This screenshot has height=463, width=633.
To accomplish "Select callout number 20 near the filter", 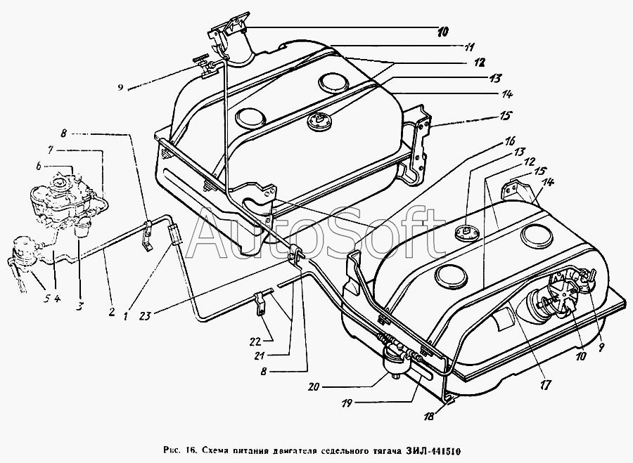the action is click(312, 387).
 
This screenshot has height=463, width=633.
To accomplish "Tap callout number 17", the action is click(544, 385).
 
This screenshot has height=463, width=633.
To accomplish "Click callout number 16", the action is click(509, 141).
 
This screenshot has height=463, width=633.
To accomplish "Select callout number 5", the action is click(46, 299).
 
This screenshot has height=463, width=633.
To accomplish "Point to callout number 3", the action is click(80, 306).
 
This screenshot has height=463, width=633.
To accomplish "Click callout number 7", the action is click(50, 150).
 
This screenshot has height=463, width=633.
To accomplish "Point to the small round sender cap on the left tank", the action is click(319, 122).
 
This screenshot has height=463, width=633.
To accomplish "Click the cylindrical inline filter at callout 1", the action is click(174, 235).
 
